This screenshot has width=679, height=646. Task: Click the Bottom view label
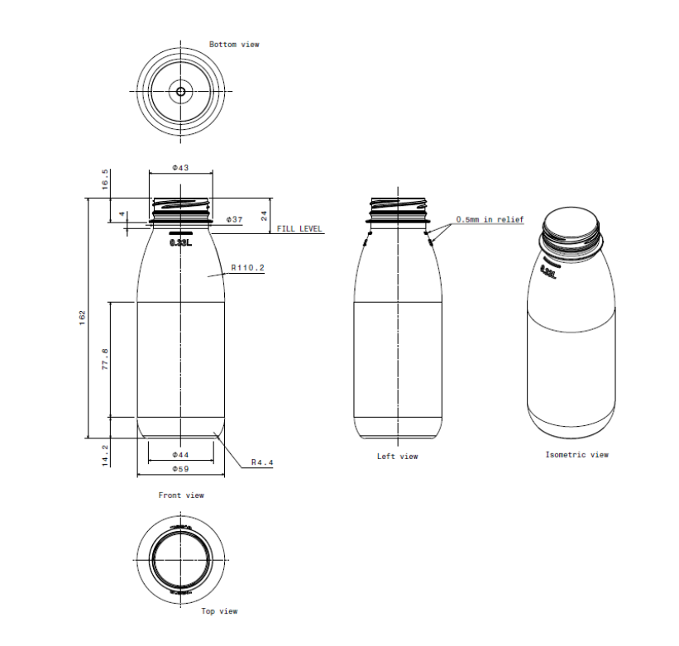point(234,44)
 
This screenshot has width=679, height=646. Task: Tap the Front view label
point(181,495)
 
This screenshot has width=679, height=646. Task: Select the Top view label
point(219,611)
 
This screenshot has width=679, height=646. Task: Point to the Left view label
point(398,457)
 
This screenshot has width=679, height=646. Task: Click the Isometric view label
point(576,455)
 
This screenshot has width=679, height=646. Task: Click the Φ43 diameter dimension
point(180,168)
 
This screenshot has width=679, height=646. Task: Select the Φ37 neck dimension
point(234,219)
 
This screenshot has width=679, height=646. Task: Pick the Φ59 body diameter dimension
point(180,469)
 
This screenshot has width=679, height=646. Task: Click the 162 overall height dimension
point(82,318)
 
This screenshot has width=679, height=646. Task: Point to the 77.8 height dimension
point(105,360)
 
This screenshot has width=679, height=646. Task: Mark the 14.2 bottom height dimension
point(105,455)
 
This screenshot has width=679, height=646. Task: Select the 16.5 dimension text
point(105,179)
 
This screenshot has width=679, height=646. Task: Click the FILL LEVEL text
point(299,229)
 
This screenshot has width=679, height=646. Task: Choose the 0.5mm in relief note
point(490,220)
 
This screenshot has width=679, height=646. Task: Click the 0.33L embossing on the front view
point(180,243)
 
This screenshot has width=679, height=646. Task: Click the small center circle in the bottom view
point(181,91)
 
